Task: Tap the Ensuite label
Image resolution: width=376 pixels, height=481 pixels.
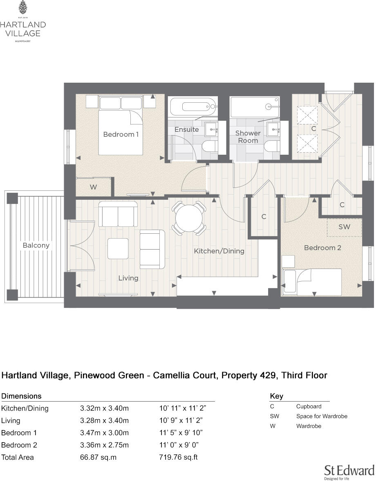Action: pos(186,129)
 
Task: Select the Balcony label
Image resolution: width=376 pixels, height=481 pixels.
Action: pos(36,245)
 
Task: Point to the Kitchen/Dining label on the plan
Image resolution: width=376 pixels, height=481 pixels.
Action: pos(219,251)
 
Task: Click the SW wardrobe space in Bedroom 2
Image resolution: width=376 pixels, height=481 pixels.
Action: pos(344,227)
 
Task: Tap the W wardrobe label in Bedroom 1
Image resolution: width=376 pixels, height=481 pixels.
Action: pos(93,187)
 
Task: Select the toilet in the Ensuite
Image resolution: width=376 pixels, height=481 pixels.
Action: pos(211,148)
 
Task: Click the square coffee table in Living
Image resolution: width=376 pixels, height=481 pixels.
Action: pos(118,248)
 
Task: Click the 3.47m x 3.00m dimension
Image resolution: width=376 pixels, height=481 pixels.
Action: pos(104,433)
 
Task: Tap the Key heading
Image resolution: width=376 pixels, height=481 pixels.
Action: pos(277,396)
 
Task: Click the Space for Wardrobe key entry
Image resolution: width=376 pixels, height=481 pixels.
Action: pos(322,416)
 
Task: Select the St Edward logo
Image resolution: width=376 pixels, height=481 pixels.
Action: pos(349,471)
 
